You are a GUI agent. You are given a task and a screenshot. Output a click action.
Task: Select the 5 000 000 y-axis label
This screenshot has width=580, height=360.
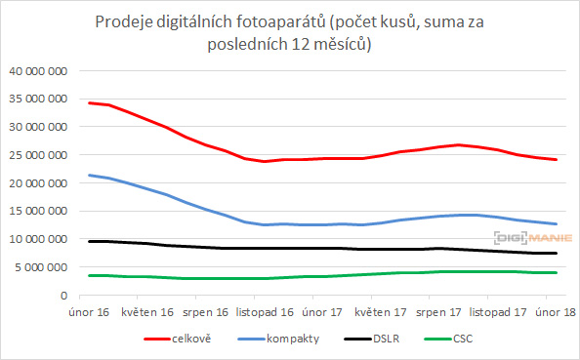(40, 267)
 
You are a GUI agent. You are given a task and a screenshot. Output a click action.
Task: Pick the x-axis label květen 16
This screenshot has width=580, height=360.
(147, 312)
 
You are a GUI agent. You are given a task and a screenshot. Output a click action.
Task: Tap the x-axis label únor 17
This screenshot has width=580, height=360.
(321, 312)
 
